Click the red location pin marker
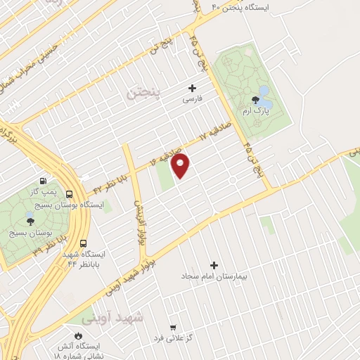pyautogui.click(x=181, y=166)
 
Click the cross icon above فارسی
pyautogui.click(x=192, y=89)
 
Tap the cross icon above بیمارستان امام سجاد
pyautogui.click(x=214, y=266)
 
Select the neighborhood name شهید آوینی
pyautogui.click(x=112, y=318)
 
